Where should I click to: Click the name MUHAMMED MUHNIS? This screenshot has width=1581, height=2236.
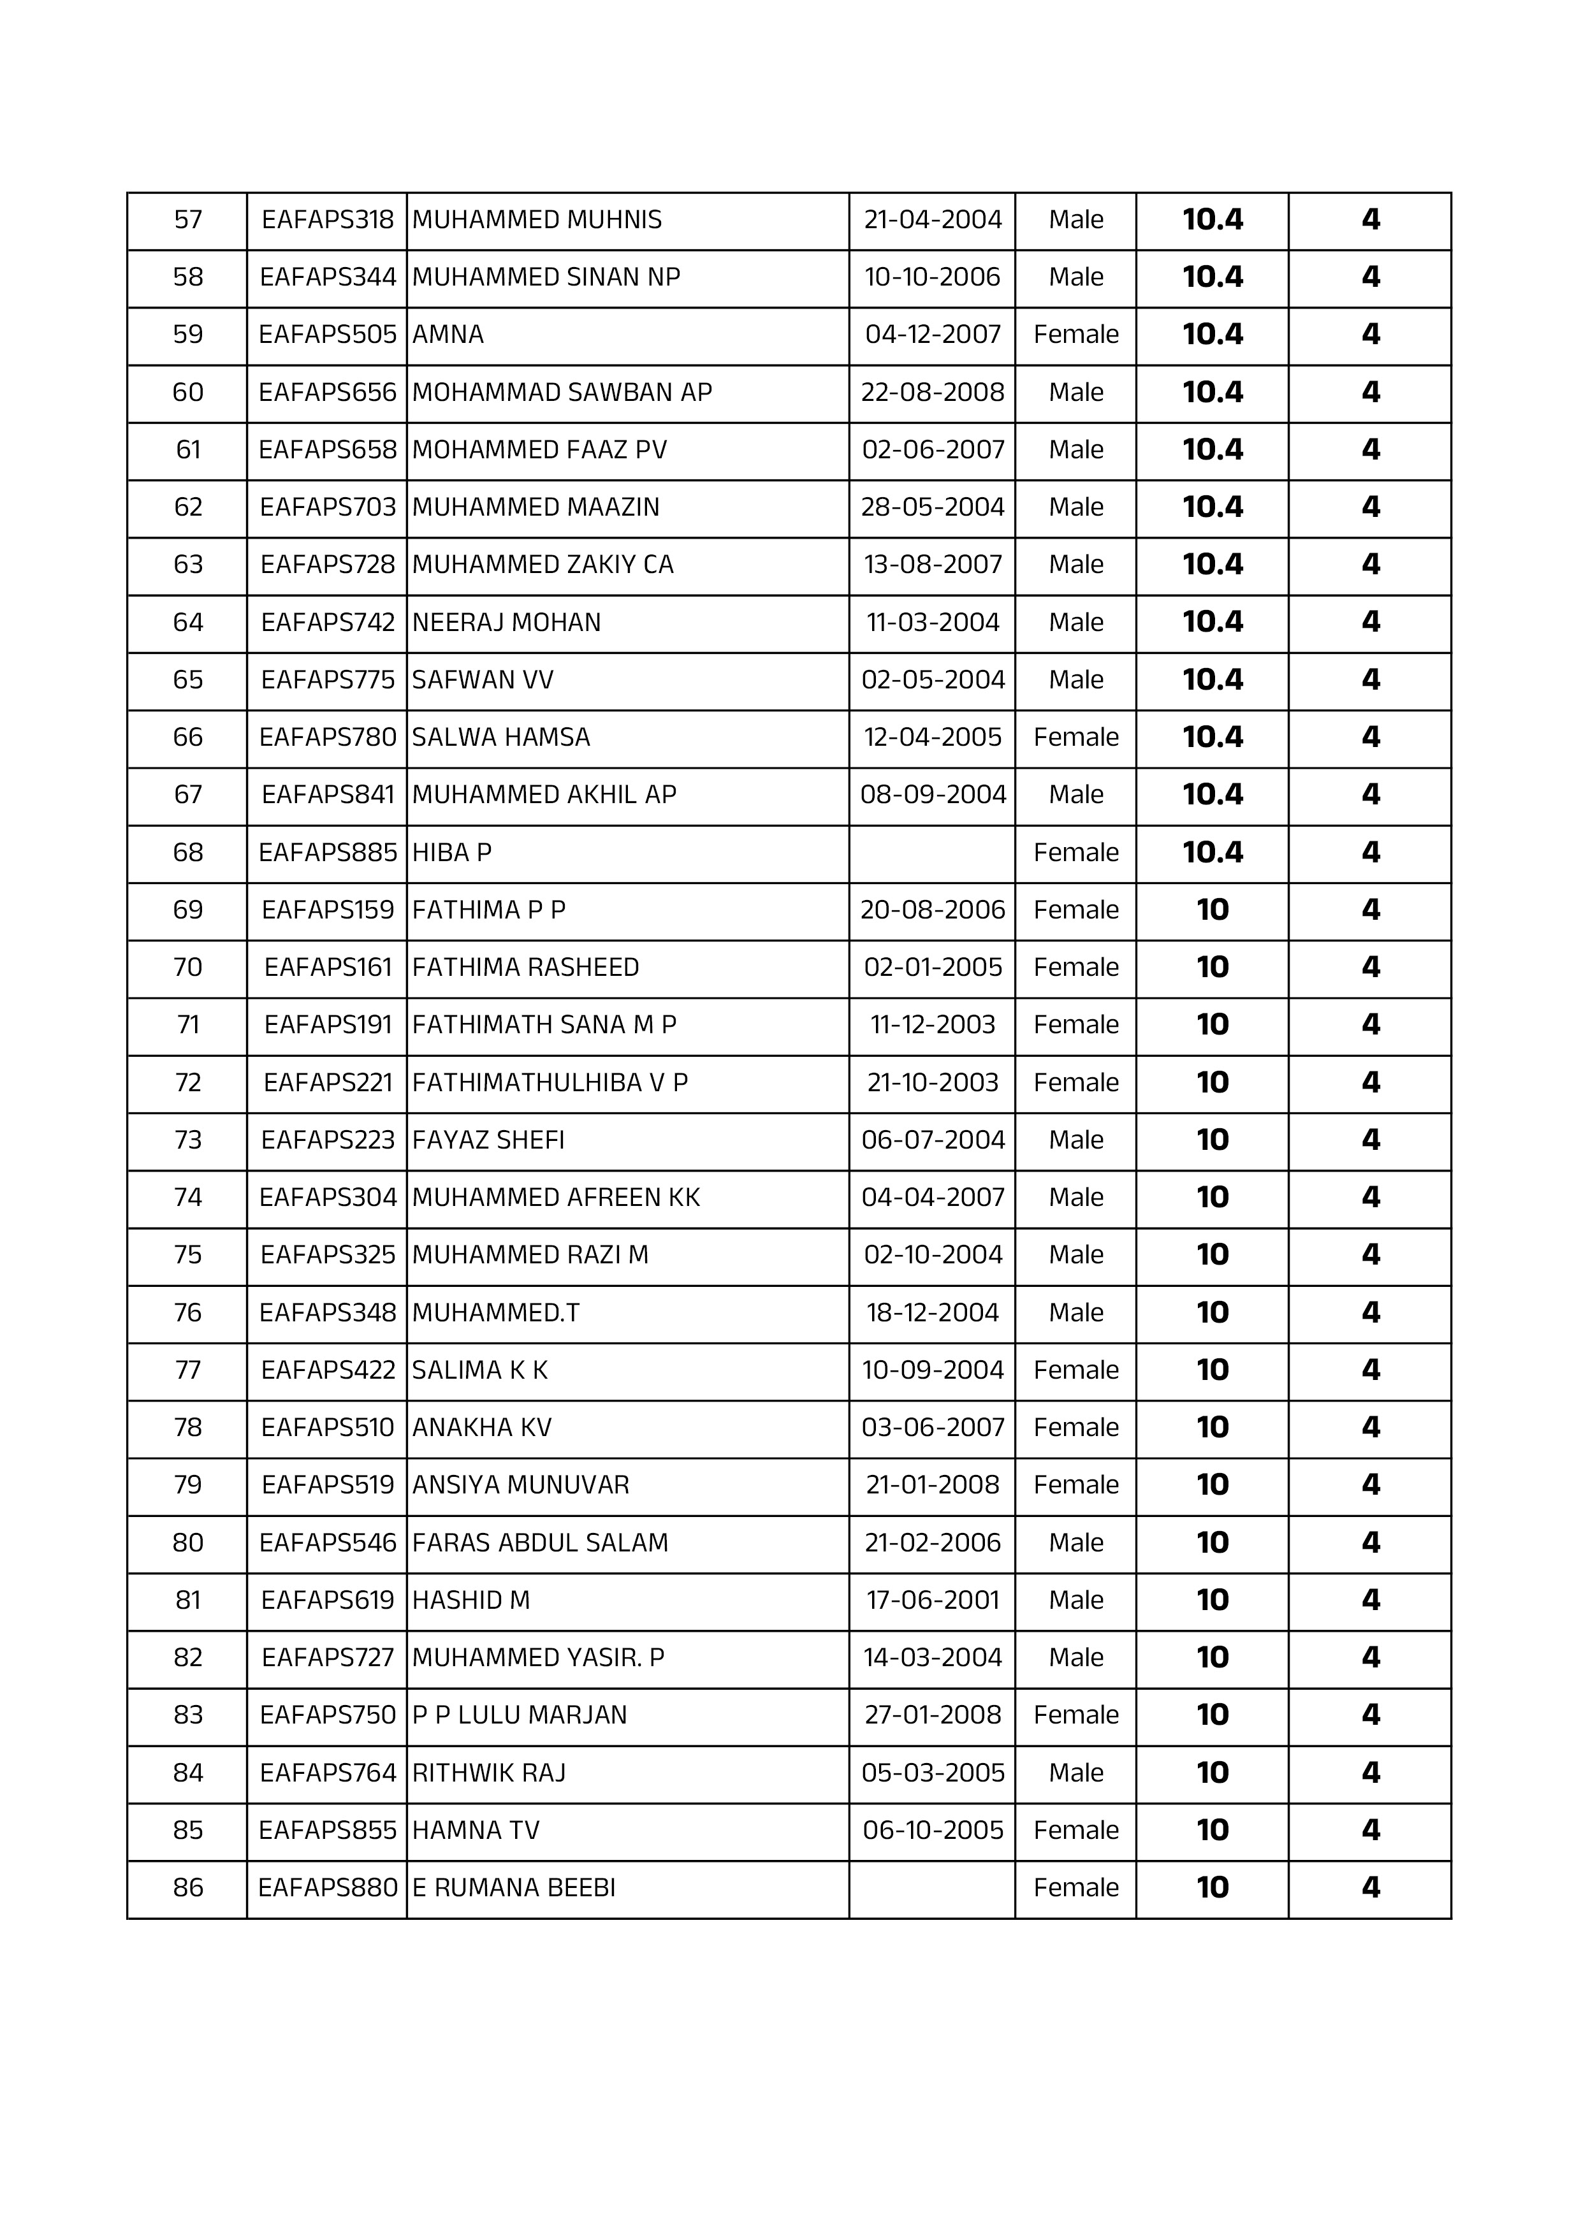pyautogui.click(x=537, y=220)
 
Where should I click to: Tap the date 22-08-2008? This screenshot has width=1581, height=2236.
pyautogui.click(x=932, y=393)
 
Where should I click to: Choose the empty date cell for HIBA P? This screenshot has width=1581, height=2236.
pyautogui.click(x=932, y=853)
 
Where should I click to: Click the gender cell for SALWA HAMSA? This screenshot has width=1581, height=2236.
pyautogui.click(x=1075, y=737)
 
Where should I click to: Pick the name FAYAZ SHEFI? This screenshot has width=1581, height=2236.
pyautogui.click(x=488, y=1140)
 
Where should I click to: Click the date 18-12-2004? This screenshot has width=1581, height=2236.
pyautogui.click(x=932, y=1313)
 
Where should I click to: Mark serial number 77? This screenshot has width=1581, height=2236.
pyautogui.click(x=188, y=1370)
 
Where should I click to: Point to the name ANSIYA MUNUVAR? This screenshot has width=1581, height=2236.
pyautogui.click(x=520, y=1485)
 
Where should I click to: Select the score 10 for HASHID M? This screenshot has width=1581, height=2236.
pyautogui.click(x=1212, y=1600)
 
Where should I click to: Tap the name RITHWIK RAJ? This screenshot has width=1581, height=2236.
pyautogui.click(x=488, y=1773)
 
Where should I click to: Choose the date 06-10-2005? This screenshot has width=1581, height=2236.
pyautogui.click(x=932, y=1830)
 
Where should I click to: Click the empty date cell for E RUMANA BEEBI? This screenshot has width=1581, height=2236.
pyautogui.click(x=932, y=1889)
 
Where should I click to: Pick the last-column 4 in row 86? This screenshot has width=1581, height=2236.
pyautogui.click(x=1369, y=1889)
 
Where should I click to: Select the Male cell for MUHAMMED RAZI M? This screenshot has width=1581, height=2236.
pyautogui.click(x=1075, y=1255)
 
